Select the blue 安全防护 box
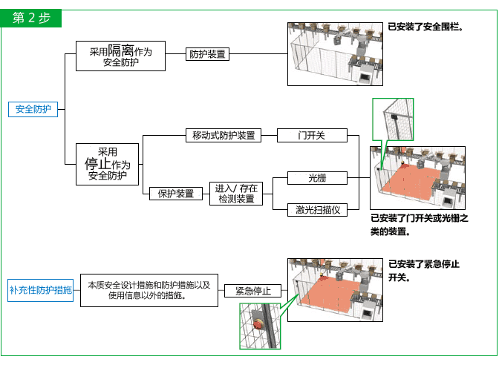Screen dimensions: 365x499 (33, 109)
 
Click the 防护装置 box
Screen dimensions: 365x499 (207, 54)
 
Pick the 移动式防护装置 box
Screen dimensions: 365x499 (223, 135)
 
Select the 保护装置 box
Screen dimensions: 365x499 (176, 194)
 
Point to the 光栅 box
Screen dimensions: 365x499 (317, 178)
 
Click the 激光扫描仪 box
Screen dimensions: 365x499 (317, 210)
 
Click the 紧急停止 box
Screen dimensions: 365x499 (252, 291)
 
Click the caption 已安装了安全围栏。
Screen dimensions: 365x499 (425, 27)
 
